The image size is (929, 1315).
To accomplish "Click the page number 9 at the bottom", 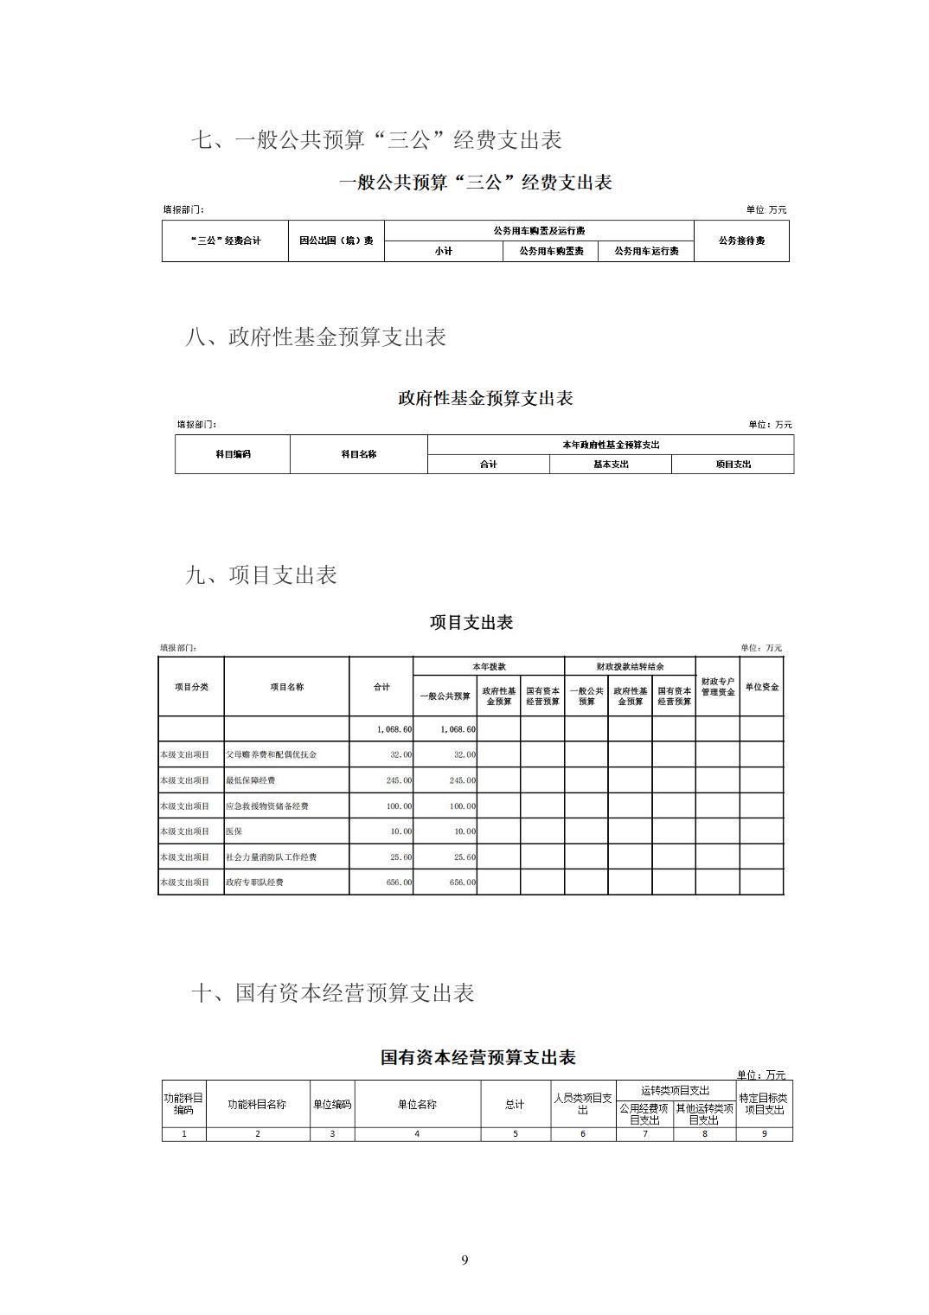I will (x=464, y=1260).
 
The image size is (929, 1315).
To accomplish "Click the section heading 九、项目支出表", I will (x=261, y=575).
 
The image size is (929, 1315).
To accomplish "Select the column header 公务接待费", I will (x=741, y=241).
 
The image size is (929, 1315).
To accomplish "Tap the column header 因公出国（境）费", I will (x=336, y=241).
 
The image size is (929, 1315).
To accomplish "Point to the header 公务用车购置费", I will (x=551, y=251).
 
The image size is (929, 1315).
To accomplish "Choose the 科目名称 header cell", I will (x=358, y=454).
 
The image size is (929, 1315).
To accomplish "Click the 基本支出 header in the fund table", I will (x=611, y=465).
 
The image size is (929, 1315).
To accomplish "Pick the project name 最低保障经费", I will (x=251, y=780).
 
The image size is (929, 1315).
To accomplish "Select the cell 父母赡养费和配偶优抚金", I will (x=272, y=754).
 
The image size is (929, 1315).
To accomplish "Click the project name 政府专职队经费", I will (x=254, y=882).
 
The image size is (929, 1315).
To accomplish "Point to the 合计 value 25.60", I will (x=400, y=857).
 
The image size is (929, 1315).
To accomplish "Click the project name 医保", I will (x=234, y=831).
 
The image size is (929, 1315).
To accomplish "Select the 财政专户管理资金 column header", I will (x=717, y=687).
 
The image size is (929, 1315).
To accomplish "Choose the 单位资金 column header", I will (x=761, y=687).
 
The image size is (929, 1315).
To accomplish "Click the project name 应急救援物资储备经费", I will (x=267, y=806).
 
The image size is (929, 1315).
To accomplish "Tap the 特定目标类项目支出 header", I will (x=764, y=1104).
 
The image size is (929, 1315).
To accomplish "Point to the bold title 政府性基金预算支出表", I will (x=485, y=399).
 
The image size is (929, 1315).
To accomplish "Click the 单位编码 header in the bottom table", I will (x=332, y=1105).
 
